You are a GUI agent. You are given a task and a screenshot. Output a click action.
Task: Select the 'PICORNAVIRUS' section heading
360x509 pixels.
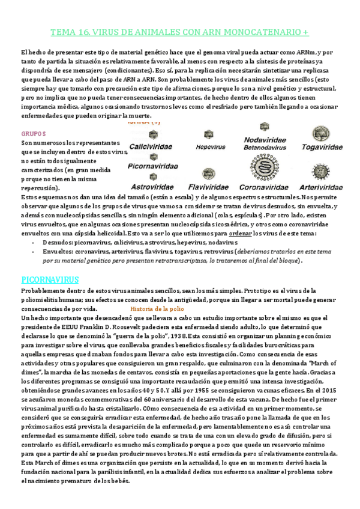pyautogui.click(x=54, y=280)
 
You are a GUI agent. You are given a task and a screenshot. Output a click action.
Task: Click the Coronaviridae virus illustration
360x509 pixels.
pyautogui.click(x=264, y=167)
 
